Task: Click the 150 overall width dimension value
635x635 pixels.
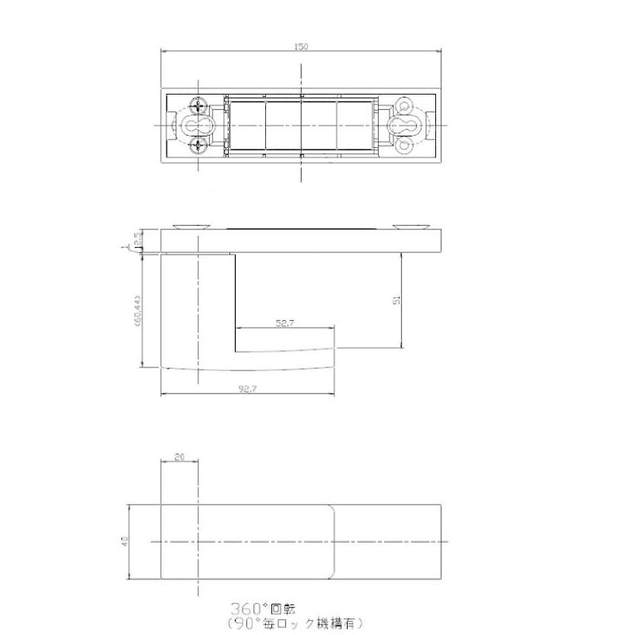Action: click(x=301, y=47)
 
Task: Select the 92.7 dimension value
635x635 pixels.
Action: click(x=247, y=388)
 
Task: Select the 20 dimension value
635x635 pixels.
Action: click(x=180, y=457)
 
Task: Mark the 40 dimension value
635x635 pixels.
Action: click(x=123, y=540)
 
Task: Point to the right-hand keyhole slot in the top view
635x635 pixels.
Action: click(x=402, y=125)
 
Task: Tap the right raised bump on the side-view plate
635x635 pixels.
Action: click(x=412, y=226)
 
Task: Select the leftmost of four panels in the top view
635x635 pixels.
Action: click(x=247, y=125)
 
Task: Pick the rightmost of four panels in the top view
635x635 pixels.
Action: click(x=354, y=125)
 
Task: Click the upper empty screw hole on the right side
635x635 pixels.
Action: click(x=403, y=106)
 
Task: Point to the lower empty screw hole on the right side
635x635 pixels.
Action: click(x=403, y=144)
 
